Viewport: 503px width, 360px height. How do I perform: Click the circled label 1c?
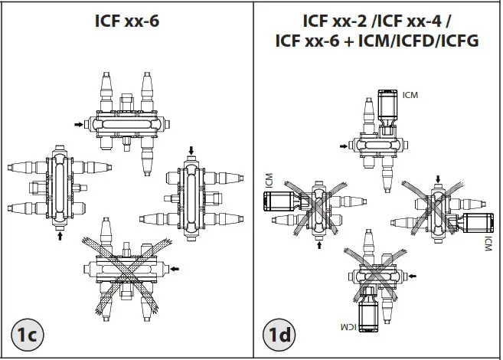28,334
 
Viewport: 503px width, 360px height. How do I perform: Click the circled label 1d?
279,334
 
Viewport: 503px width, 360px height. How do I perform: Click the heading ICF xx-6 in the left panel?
127,21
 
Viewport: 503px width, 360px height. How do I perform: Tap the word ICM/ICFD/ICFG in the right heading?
418,41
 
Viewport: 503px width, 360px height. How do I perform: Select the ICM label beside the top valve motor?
410,95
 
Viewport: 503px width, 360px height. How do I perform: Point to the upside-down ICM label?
348,327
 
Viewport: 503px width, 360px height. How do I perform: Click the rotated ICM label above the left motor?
269,181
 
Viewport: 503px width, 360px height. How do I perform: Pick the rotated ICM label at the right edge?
488,244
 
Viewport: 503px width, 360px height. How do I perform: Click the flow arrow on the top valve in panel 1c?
79,124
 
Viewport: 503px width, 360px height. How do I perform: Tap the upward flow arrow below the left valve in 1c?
60,236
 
